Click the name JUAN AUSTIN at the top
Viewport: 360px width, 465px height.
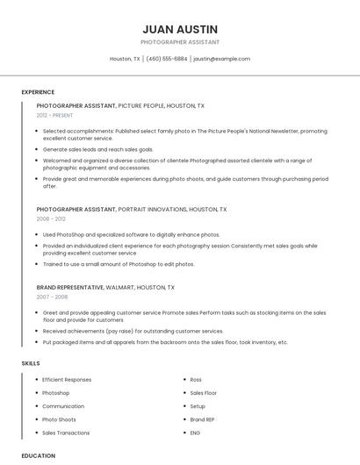coord(180,29)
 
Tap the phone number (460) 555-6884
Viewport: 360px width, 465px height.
coord(167,59)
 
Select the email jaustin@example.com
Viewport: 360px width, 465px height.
coord(222,59)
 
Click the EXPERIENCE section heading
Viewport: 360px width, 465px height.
coord(38,92)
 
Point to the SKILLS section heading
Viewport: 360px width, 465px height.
coord(30,362)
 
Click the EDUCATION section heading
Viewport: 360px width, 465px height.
coord(39,455)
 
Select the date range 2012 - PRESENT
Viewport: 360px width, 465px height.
coord(55,115)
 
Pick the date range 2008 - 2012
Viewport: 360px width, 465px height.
coord(51,219)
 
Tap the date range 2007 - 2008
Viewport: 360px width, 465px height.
coord(51,297)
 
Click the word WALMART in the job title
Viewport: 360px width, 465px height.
coord(119,287)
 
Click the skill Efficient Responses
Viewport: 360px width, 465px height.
coord(67,380)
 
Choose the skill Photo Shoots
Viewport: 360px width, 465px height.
coord(60,419)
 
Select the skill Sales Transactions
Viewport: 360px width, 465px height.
coord(66,433)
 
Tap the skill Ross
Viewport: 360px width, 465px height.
coord(196,380)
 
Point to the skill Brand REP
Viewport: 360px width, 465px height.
coord(203,419)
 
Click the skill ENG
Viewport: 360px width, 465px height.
coord(195,433)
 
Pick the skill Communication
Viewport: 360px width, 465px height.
coord(63,406)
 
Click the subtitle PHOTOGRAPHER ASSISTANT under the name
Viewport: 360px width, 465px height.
coord(180,42)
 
